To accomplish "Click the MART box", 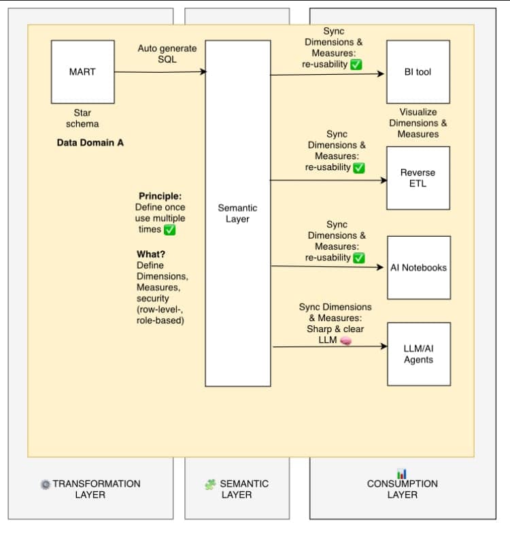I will pyautogui.click(x=82, y=71).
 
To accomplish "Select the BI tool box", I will pyautogui.click(x=418, y=71).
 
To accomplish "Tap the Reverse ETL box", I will pyautogui.click(x=418, y=178).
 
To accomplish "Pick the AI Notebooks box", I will pyautogui.click(x=418, y=267).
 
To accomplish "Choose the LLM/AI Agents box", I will pyautogui.click(x=418, y=354).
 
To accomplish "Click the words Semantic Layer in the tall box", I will pyautogui.click(x=237, y=213).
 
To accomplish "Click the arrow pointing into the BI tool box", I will pyautogui.click(x=326, y=74).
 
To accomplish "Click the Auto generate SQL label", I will pyautogui.click(x=167, y=54).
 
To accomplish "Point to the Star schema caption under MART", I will pyautogui.click(x=82, y=118).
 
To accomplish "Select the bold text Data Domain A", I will pyautogui.click(x=90, y=143).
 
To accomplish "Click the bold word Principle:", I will pyautogui.click(x=160, y=196).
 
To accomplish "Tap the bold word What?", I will pyautogui.click(x=151, y=254).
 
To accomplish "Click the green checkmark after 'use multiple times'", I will pyautogui.click(x=170, y=230).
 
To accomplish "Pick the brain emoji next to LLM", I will pyautogui.click(x=345, y=340).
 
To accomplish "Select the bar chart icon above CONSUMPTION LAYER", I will pyautogui.click(x=402, y=473).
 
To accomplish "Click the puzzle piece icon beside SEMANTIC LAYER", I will pyautogui.click(x=210, y=485).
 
